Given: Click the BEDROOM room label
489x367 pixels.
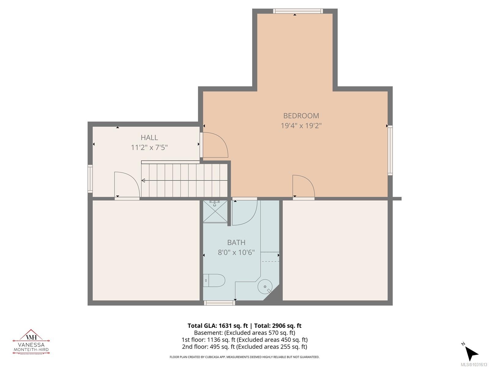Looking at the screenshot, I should point(301,116).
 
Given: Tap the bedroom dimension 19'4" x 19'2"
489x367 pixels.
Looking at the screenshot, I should point(301,126).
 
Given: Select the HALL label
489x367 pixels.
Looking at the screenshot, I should point(149,137).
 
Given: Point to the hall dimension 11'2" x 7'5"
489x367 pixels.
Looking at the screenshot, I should point(149,148).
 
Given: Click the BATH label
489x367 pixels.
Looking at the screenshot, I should point(236,243).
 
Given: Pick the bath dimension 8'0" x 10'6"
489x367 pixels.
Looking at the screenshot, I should point(236,253).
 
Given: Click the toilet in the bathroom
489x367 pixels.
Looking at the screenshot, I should point(214,280).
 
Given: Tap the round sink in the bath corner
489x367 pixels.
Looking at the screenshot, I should point(265,287).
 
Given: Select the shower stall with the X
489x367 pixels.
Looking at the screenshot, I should point(215,211).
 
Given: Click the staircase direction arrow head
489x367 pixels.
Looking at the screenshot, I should point(143,180).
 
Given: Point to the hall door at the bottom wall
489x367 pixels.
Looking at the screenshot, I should point(127,185).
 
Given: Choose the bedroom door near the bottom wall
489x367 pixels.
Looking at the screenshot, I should point(303,187).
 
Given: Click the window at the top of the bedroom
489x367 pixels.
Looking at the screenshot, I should point(298,11).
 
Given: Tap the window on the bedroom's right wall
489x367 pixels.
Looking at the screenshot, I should point(390,151).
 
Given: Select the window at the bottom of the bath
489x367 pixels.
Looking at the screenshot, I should point(219,303).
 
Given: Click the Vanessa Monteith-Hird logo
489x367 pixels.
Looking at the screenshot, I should point(31,341).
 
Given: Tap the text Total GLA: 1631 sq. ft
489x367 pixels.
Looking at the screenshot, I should point(217,326).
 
